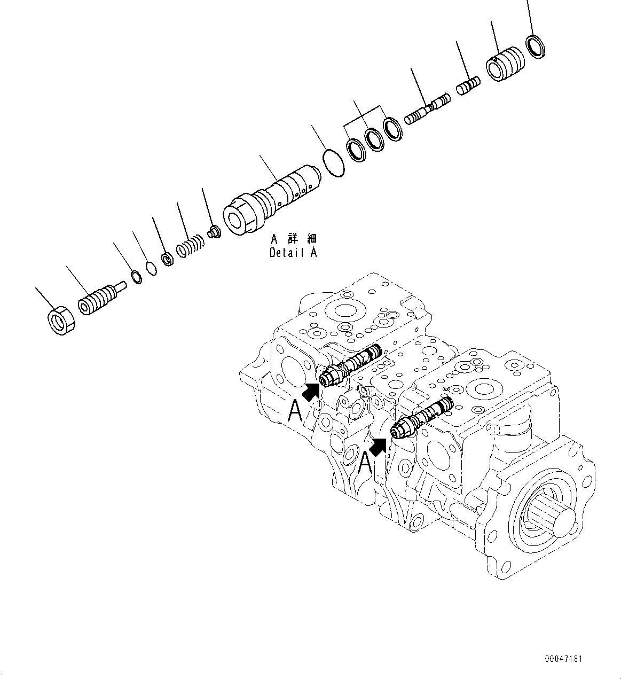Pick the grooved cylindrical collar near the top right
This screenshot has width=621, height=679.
click(x=505, y=64)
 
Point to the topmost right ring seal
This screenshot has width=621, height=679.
click(x=536, y=46)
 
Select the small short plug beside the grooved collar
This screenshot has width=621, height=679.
click(x=468, y=84)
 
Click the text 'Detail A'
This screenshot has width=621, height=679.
click(x=293, y=253)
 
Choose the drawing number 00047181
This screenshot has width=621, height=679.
click(x=563, y=659)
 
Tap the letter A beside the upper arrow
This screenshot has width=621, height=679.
click(x=296, y=411)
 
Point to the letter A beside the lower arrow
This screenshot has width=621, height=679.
click(x=365, y=463)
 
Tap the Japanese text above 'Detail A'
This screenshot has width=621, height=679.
click(x=293, y=238)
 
